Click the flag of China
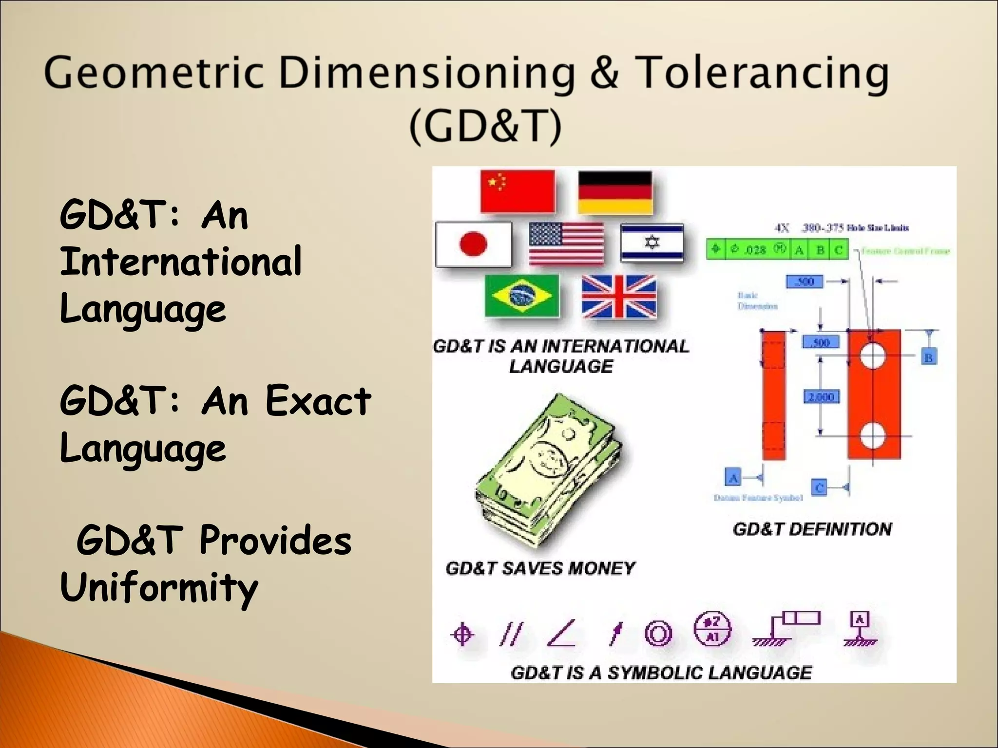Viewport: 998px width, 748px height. pos(518,191)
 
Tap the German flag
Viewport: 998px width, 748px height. pos(615,192)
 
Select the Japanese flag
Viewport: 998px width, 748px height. pos(473,244)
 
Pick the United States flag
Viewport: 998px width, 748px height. pos(566,243)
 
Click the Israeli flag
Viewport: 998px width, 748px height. pos(652,243)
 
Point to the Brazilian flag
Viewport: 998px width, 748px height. pos(522,296)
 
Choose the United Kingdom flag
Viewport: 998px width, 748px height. pos(619,296)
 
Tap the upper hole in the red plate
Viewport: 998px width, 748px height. pos(872,355)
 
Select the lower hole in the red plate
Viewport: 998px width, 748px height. pos(872,435)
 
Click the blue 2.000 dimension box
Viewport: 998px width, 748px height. pos(822,397)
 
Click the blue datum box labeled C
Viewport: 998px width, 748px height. pos(820,487)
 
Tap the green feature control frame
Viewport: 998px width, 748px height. pos(777,250)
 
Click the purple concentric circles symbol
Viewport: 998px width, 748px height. pos(658,634)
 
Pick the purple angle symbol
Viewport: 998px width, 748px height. pos(561,634)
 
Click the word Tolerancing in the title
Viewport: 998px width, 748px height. pos(763,73)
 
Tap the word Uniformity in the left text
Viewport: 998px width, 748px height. pos(158,587)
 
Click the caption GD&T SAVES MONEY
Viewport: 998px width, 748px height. pos(540,568)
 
